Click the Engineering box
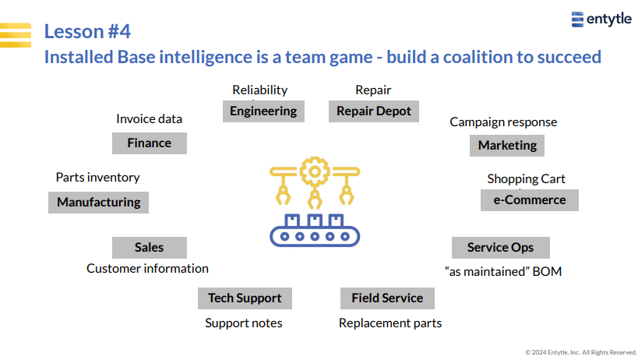click(x=263, y=111)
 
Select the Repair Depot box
click(x=373, y=111)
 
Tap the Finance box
click(x=150, y=143)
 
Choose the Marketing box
click(x=507, y=146)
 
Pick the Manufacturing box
click(x=98, y=202)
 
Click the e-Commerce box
click(x=530, y=200)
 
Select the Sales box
click(x=150, y=248)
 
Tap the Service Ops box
click(x=500, y=248)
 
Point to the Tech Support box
click(x=245, y=298)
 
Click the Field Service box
click(x=387, y=298)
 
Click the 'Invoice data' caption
click(x=149, y=118)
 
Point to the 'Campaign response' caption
click(x=503, y=122)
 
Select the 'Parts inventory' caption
click(x=97, y=178)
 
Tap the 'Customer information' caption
click(x=147, y=269)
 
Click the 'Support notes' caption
click(x=244, y=323)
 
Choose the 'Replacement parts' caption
click(x=390, y=323)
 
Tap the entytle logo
click(x=601, y=19)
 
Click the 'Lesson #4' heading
click(x=87, y=31)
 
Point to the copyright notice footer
click(x=580, y=352)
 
